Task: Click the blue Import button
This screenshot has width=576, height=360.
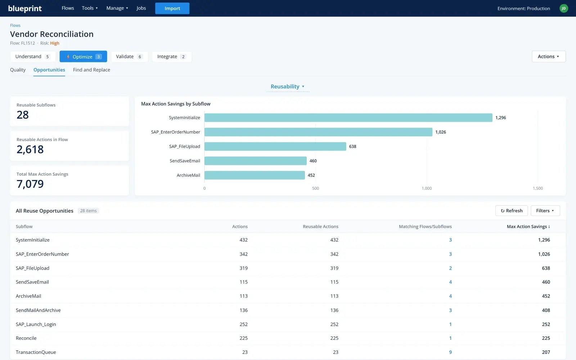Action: click(x=172, y=8)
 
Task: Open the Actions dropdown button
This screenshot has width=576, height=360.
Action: click(x=549, y=56)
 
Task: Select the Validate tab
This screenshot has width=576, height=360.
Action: click(x=129, y=56)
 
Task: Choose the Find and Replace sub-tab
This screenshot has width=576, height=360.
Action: click(x=91, y=70)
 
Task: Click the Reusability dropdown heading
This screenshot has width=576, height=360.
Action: click(x=288, y=86)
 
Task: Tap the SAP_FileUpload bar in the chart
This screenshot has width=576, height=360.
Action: click(x=275, y=146)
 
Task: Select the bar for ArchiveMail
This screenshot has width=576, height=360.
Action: click(x=255, y=175)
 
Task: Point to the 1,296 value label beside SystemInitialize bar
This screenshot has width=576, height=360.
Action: click(x=500, y=117)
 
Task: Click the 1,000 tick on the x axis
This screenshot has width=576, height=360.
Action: click(x=427, y=188)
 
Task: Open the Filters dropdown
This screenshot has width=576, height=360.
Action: click(x=545, y=211)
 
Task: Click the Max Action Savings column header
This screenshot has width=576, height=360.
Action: click(x=528, y=226)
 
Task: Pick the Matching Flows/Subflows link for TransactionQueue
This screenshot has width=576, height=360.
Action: click(x=450, y=352)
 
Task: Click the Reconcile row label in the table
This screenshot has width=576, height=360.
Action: click(x=26, y=338)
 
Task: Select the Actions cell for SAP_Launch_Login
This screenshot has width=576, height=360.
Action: click(x=243, y=324)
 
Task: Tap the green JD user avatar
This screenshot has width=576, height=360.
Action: click(x=564, y=8)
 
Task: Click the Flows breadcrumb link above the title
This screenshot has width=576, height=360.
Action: click(x=15, y=25)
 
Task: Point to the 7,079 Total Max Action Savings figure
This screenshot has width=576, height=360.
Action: click(x=30, y=184)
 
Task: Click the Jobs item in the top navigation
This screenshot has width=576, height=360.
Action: click(x=141, y=8)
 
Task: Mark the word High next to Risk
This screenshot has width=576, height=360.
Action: click(x=54, y=43)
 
